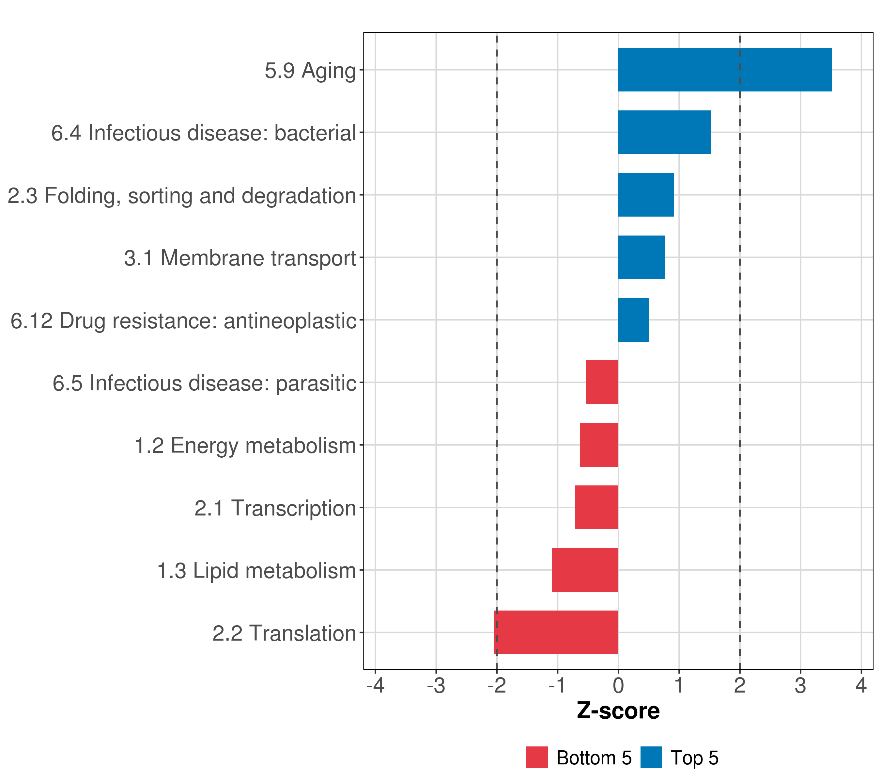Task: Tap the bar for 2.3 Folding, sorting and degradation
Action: click(646, 195)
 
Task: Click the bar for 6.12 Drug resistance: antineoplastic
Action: click(633, 320)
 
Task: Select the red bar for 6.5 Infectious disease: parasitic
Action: click(602, 382)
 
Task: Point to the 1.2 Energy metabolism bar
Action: click(599, 445)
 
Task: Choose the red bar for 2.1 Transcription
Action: click(596, 507)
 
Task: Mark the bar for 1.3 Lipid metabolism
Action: click(585, 570)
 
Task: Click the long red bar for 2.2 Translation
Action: click(556, 632)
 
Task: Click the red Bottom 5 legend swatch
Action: click(537, 757)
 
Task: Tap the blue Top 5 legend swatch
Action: click(651, 757)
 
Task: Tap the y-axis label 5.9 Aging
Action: click(310, 70)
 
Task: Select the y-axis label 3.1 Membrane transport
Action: click(240, 258)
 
